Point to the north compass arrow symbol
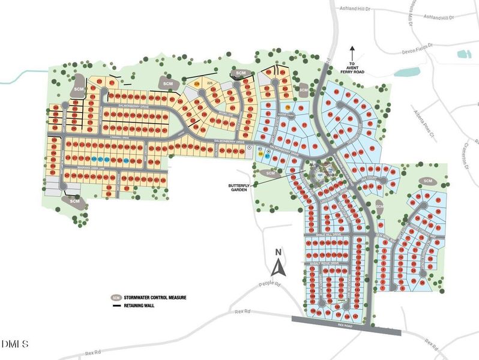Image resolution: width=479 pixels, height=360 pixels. (278, 262)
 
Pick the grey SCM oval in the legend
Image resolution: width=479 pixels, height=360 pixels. (115, 298)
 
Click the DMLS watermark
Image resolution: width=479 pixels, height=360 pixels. (14, 344)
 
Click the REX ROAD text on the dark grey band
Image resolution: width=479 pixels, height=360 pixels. (344, 325)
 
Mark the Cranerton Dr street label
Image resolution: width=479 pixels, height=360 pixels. (464, 155)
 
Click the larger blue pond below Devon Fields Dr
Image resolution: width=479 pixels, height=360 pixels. (407, 72)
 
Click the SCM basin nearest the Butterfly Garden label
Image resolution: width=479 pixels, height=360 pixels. (270, 173)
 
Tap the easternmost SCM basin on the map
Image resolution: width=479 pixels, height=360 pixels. (428, 181)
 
